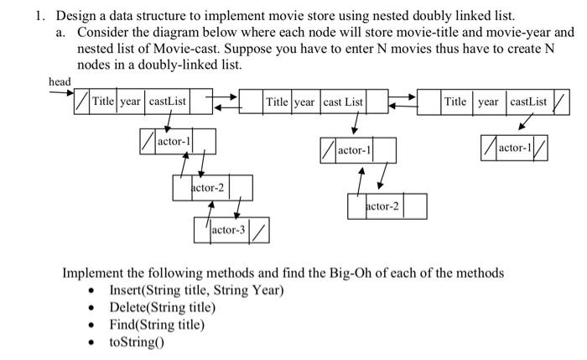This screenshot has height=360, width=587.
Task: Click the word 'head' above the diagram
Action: click(60, 81)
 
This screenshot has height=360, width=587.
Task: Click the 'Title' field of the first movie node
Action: click(103, 102)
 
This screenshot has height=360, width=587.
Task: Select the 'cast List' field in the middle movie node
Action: click(344, 102)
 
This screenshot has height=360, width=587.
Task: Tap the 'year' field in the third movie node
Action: click(489, 102)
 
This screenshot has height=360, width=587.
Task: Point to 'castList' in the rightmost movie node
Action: click(528, 102)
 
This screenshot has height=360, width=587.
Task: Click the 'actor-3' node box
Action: click(228, 228)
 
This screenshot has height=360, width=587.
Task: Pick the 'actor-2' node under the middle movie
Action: click(382, 206)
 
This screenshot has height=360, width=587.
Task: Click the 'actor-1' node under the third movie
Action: click(516, 149)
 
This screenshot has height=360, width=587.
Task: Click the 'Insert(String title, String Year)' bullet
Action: click(196, 290)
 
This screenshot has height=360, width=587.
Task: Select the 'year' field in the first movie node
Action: click(131, 102)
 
